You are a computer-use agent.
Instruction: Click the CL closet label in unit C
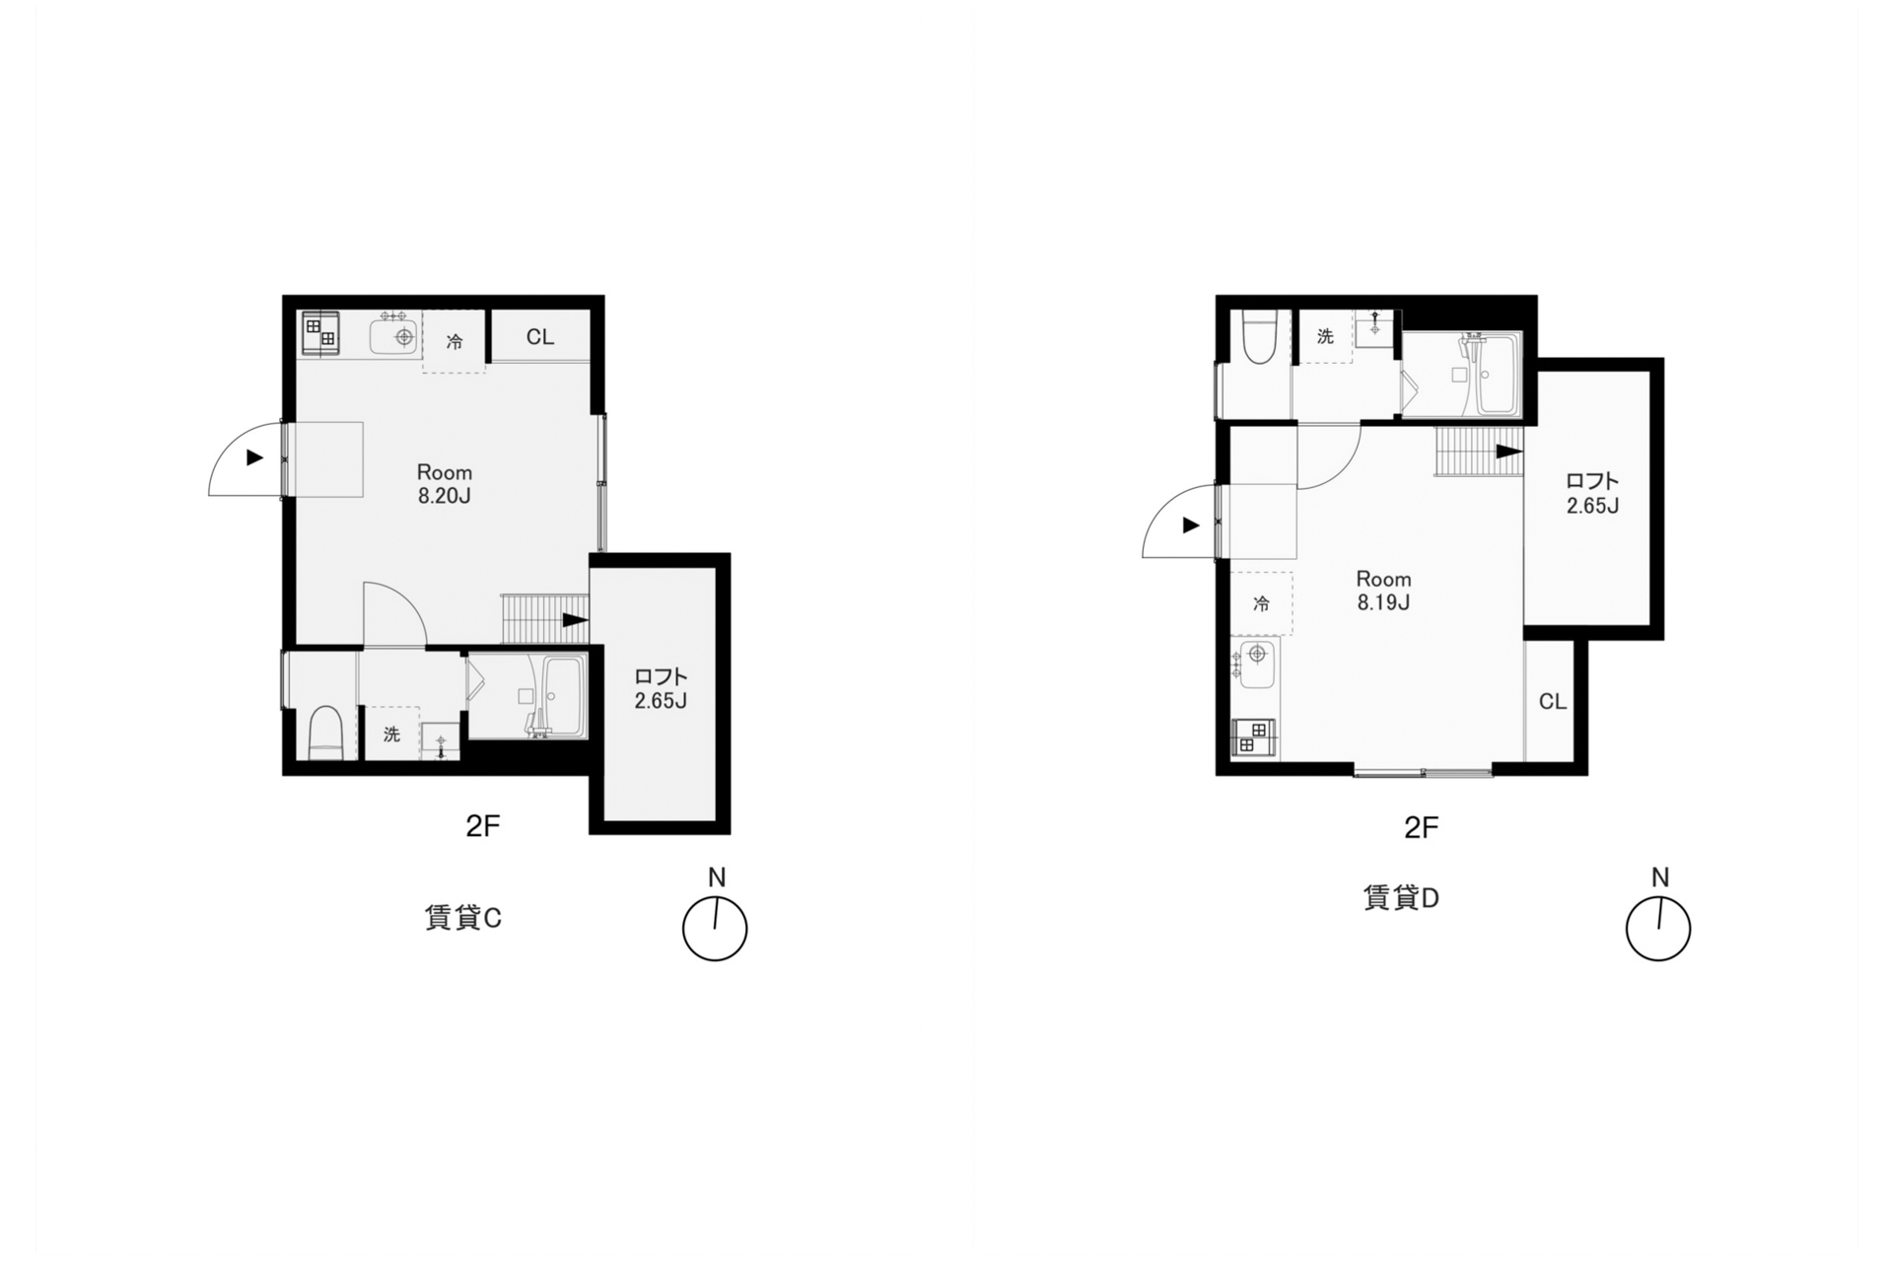(x=539, y=337)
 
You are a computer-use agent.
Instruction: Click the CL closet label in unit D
(x=1552, y=701)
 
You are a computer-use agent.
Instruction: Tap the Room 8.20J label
(x=444, y=483)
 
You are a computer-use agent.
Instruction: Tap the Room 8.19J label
(x=1382, y=590)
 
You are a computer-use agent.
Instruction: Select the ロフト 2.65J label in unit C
(x=660, y=688)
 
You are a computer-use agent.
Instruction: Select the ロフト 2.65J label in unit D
(x=1592, y=493)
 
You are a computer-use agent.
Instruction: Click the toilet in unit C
(x=325, y=734)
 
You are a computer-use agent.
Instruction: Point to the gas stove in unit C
(x=320, y=332)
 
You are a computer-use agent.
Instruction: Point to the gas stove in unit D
(x=1253, y=737)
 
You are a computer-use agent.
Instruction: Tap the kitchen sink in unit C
(x=396, y=337)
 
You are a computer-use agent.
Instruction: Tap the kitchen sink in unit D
(x=1256, y=663)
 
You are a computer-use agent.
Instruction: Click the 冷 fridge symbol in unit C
(x=454, y=341)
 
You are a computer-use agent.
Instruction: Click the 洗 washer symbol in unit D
(x=1325, y=336)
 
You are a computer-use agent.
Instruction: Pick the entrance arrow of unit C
(x=255, y=457)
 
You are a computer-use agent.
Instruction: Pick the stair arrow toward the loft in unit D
(x=1509, y=452)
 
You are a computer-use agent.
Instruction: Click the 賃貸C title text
(x=462, y=918)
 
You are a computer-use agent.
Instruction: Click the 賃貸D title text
(x=1401, y=898)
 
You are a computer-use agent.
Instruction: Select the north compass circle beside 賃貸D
(x=1657, y=929)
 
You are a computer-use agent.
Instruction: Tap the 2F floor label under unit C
(x=483, y=826)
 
